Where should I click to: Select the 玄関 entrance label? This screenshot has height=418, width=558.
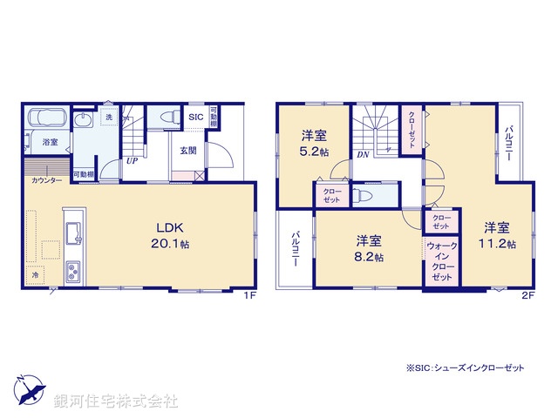(188, 150)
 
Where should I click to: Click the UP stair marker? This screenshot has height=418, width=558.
(132, 160)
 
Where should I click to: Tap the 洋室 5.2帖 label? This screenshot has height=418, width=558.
(315, 143)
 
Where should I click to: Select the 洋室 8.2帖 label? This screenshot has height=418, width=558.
(367, 247)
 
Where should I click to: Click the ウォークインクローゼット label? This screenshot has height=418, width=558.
(441, 260)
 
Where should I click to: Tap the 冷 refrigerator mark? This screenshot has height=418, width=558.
(36, 274)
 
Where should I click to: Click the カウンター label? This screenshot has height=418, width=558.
(46, 180)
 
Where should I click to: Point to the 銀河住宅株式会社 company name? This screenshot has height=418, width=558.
(116, 401)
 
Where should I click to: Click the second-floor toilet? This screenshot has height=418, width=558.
(363, 195)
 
